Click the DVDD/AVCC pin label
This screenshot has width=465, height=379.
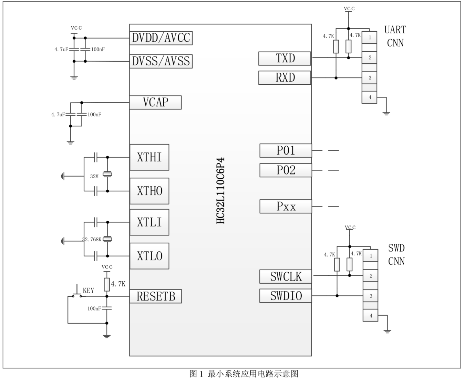[161, 38]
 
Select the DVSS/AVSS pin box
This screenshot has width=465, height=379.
[161, 61]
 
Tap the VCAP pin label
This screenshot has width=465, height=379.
[155, 103]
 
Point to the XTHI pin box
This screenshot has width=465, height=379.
[149, 157]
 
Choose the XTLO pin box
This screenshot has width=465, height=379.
[149, 256]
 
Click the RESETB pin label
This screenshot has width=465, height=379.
[156, 296]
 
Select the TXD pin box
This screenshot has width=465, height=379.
[285, 59]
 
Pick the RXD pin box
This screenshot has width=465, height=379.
[285, 78]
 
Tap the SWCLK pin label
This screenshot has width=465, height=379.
[286, 277]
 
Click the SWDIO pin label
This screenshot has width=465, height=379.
[286, 296]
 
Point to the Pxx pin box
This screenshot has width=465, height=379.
[286, 207]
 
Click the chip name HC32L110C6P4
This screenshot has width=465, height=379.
[220, 190]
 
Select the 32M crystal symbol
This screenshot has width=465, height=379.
[107, 175]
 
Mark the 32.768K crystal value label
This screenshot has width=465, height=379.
[92, 239]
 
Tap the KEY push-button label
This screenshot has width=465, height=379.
[89, 291]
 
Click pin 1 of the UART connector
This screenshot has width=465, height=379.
[370, 38]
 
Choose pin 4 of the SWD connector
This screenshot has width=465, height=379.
[371, 316]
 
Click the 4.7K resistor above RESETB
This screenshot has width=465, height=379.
[107, 284]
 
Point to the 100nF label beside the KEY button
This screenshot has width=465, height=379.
[94, 309]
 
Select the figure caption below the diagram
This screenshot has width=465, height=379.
[244, 374]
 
